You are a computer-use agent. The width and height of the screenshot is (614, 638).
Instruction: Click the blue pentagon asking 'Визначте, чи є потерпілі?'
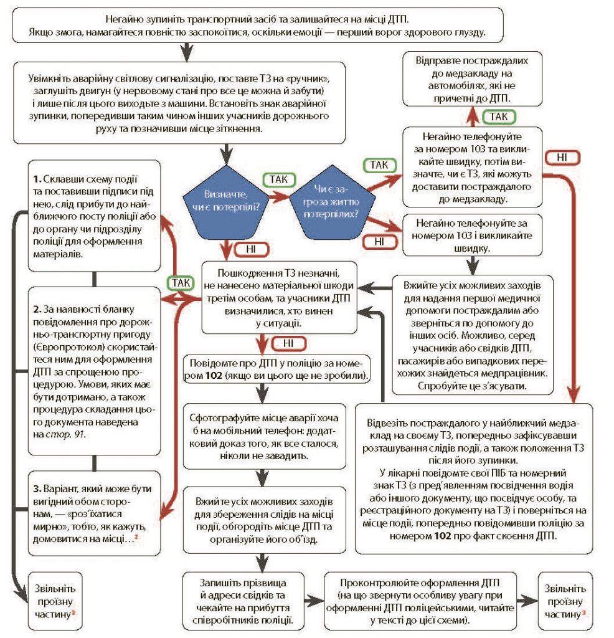click(x=223, y=200)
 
